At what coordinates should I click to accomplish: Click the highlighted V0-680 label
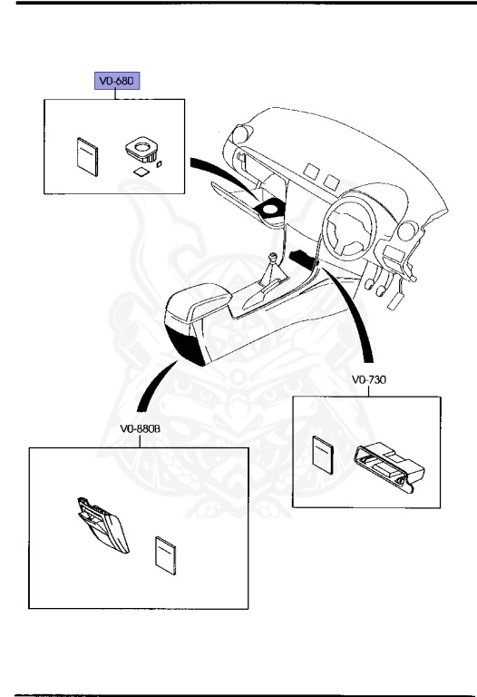click(x=118, y=82)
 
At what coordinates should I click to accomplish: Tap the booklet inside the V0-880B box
click(x=164, y=555)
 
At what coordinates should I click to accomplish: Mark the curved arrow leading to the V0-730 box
click(x=357, y=318)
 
